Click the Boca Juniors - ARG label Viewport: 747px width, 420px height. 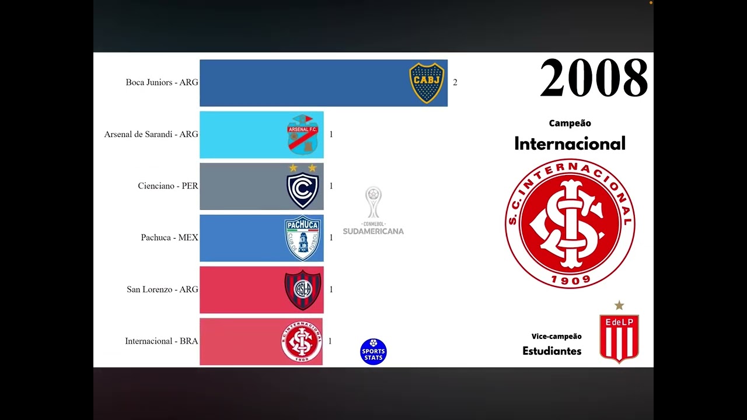162,83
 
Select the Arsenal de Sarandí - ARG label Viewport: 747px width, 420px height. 151,134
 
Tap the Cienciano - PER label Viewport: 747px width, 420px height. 168,186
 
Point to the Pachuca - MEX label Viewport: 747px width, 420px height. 169,237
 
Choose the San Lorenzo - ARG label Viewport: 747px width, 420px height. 162,289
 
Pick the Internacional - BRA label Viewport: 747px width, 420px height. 162,341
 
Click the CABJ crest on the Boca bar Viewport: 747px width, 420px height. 427,83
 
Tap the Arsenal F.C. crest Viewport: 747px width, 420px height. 302,135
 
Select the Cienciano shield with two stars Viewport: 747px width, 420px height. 302,186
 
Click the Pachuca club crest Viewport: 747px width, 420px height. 302,238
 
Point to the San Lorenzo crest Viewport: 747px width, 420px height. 302,290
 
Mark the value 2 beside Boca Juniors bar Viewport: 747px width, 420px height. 455,83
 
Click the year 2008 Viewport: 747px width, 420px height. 594,78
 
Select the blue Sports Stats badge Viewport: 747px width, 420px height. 373,352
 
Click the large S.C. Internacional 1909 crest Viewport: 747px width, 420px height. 570,224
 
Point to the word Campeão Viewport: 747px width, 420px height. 570,123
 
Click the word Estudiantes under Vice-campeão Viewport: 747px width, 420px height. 551,351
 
